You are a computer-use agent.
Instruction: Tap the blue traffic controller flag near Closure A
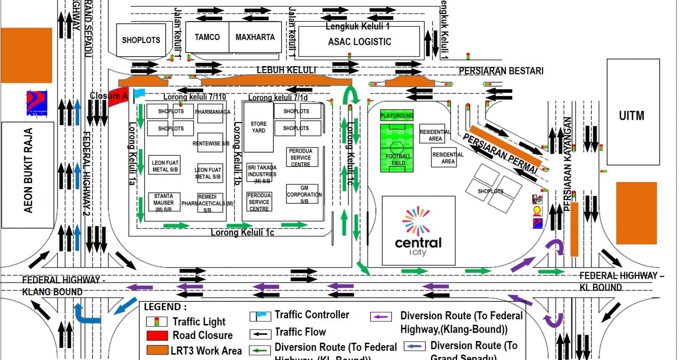click(139, 93)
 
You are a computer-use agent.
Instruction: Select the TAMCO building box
click(207, 37)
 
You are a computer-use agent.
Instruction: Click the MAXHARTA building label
click(255, 37)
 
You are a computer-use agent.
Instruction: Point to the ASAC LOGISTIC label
click(359, 42)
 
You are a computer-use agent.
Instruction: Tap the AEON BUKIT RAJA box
click(28, 175)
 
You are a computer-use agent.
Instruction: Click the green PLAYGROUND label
click(397, 116)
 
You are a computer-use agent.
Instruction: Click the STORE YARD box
click(259, 127)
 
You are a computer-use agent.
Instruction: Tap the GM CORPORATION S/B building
click(304, 194)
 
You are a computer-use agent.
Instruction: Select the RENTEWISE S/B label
click(210, 143)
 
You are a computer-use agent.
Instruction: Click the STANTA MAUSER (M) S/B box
click(164, 203)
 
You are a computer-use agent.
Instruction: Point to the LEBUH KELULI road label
click(286, 70)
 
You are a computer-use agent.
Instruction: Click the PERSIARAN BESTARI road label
click(501, 71)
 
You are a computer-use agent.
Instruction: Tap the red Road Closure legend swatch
click(157, 336)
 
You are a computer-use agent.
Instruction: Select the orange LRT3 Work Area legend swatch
click(157, 350)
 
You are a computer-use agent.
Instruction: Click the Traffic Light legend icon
click(157, 322)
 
